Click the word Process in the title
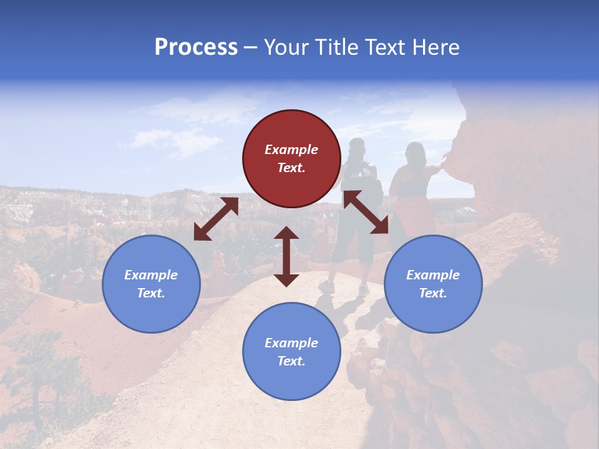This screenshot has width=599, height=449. [x=196, y=47]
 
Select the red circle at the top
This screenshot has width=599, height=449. [x=291, y=158]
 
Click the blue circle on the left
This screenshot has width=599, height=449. [x=151, y=284]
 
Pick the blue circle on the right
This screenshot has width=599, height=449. [x=433, y=284]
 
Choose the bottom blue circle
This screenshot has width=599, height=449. [x=291, y=352]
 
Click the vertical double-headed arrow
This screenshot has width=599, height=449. [x=286, y=256]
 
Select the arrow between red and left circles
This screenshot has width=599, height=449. [x=216, y=219]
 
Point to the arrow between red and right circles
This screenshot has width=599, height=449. [x=366, y=212]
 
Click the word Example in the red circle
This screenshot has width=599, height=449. [x=291, y=150]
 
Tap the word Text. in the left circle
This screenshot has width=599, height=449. [x=151, y=293]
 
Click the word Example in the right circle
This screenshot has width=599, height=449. [x=433, y=275]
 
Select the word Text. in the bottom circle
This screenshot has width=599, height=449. [x=291, y=361]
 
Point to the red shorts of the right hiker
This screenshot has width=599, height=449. [x=415, y=215]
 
